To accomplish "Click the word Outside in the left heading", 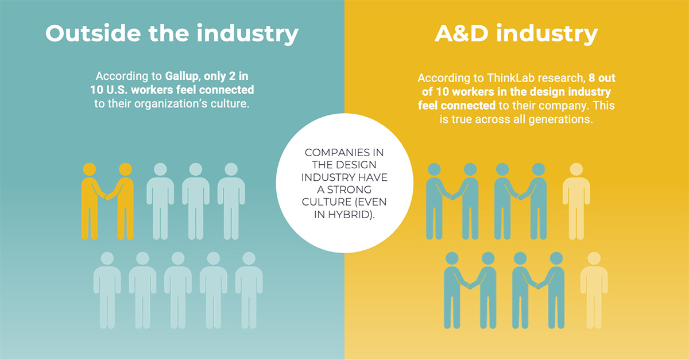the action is point(93,33).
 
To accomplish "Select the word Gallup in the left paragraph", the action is point(183,76).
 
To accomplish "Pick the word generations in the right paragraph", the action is point(561,119).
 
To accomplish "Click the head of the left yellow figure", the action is point(90,169).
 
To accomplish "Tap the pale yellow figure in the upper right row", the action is point(576,201).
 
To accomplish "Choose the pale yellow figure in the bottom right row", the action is point(594,291).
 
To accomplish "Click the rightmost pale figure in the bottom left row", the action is point(249,291).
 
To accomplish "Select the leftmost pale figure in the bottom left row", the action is point(107,291).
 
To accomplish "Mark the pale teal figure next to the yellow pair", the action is point(160,201).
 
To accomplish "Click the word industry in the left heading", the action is point(247,34).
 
